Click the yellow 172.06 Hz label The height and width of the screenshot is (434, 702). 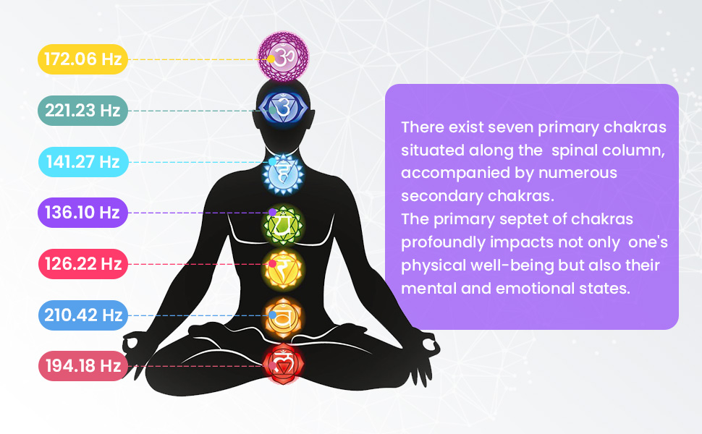click(83, 59)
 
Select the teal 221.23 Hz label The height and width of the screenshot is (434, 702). click(83, 111)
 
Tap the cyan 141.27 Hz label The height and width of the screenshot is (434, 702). click(83, 161)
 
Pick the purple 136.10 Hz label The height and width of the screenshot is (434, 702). click(83, 213)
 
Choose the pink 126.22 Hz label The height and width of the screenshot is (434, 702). click(83, 264)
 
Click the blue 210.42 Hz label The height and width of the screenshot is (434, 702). click(83, 315)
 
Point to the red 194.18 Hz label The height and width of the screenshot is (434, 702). click(83, 366)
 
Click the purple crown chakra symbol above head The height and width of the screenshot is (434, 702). click(284, 56)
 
